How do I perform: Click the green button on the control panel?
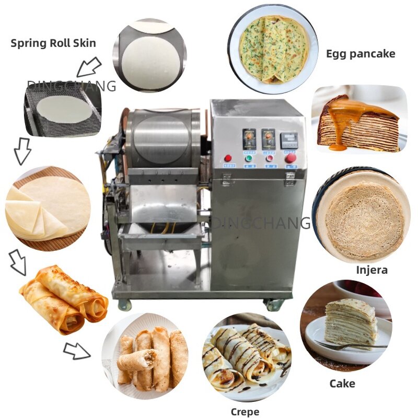pos(249,158)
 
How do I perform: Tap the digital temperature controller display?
pos(289,140)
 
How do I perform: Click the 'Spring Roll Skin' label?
pos(53,43)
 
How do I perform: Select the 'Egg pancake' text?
pos(361,53)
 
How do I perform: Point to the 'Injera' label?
pos(371,270)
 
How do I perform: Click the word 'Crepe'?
pos(245,412)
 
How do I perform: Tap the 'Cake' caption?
pos(342,384)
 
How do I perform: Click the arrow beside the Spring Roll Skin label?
pos(88,66)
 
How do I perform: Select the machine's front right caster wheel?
pos(274,305)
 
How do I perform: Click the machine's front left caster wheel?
pos(125,304)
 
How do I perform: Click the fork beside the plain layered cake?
pos(345,345)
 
